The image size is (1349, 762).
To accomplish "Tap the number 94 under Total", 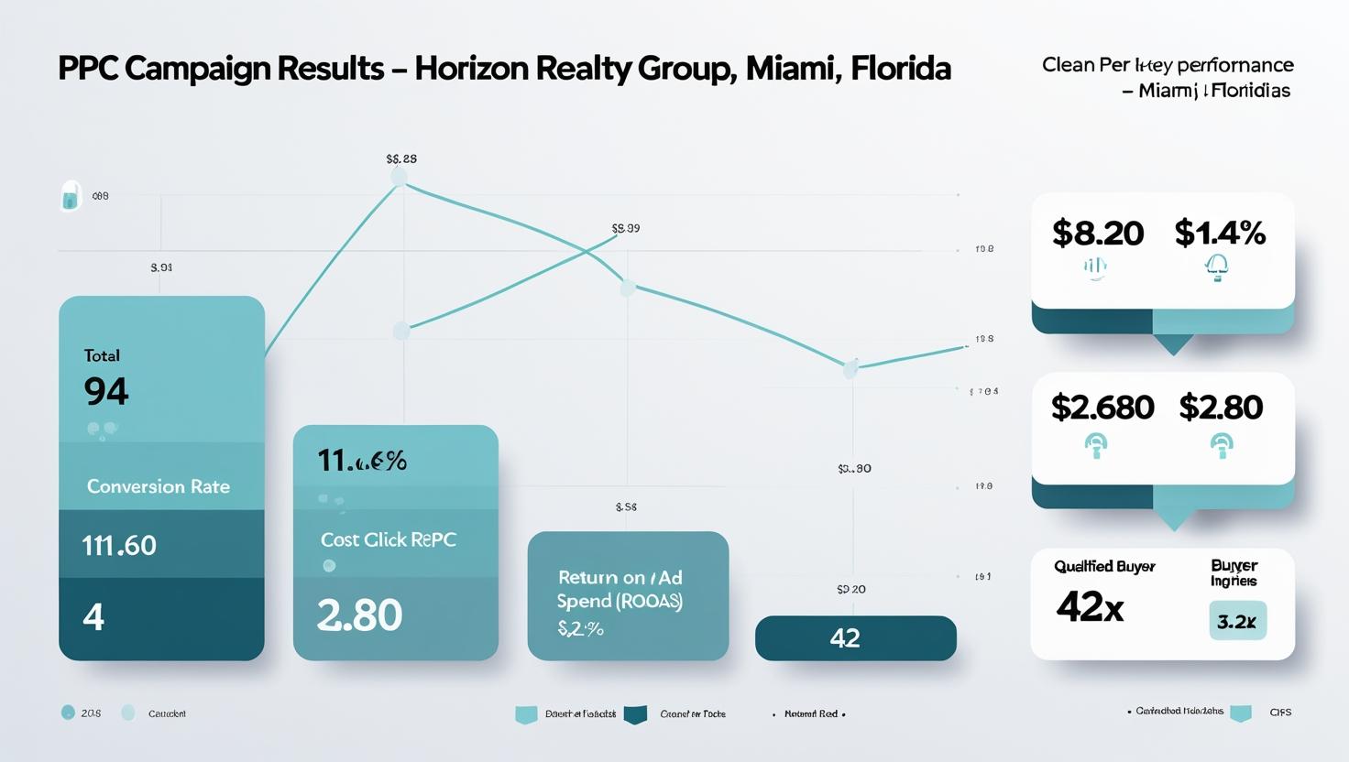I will pyautogui.click(x=106, y=392).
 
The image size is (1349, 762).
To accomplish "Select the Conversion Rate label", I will pyautogui.click(x=158, y=486).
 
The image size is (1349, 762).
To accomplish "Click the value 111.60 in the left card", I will pyautogui.click(x=119, y=545).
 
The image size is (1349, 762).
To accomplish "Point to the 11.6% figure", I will pyautogui.click(x=362, y=461).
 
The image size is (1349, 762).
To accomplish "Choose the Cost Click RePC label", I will pyautogui.click(x=388, y=539).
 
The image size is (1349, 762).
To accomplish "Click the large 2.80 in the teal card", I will pyautogui.click(x=359, y=615).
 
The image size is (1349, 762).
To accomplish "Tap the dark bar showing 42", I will pyautogui.click(x=855, y=638).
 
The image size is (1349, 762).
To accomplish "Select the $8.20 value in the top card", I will pyautogui.click(x=1097, y=233).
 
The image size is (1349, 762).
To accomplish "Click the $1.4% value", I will pyautogui.click(x=1220, y=233).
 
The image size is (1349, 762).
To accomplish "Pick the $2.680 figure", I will pyautogui.click(x=1102, y=407).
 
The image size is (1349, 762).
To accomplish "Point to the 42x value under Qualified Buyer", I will pyautogui.click(x=1090, y=606).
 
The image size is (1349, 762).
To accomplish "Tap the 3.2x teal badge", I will pyautogui.click(x=1237, y=621).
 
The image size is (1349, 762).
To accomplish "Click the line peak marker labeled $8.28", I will pyautogui.click(x=399, y=177).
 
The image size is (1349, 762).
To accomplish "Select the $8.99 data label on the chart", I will pyautogui.click(x=625, y=228).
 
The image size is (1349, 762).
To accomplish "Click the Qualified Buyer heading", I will pyautogui.click(x=1104, y=566).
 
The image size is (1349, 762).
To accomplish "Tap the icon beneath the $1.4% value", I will pyautogui.click(x=1216, y=267).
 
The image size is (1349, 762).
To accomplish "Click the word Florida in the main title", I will pyautogui.click(x=899, y=69).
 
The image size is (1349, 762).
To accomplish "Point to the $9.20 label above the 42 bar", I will pyautogui.click(x=850, y=589).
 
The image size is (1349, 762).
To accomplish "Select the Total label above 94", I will pyautogui.click(x=102, y=355).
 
